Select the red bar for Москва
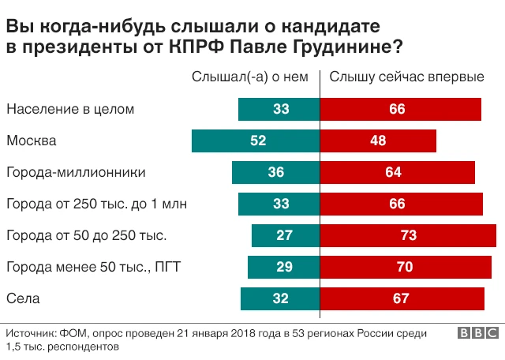(378, 141)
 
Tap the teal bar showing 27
(286, 235)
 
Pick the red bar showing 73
(408, 235)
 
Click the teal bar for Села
(280, 298)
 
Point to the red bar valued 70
(405, 267)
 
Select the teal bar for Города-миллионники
(275, 172)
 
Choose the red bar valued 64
(398, 172)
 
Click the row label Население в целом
(71, 109)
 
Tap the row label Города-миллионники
(77, 172)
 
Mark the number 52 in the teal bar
(258, 141)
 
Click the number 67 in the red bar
(401, 298)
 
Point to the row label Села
(22, 298)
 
